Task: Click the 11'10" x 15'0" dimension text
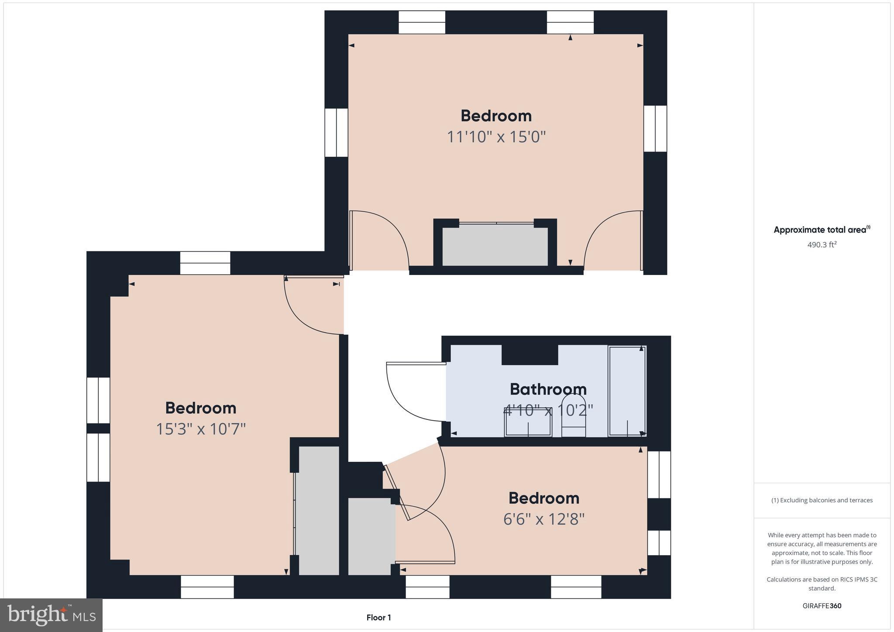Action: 496,137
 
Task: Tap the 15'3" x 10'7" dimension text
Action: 201,429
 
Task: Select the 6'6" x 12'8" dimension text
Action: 543,519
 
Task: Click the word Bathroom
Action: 548,389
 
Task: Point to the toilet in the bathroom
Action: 573,415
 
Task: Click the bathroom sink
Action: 528,422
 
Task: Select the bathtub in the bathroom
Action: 627,391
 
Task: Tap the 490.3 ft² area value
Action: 822,245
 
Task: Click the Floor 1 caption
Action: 378,618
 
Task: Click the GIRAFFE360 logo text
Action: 822,606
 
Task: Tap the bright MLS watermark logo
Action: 51,615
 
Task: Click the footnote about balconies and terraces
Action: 822,500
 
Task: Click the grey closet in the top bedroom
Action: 495,245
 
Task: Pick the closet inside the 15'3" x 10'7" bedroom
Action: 318,510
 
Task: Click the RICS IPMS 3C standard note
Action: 822,584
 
